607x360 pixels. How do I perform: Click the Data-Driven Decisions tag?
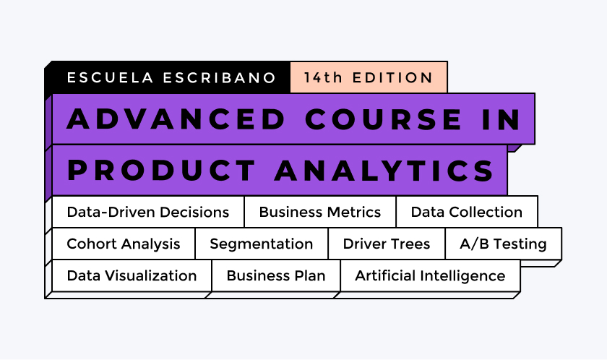[x=147, y=212]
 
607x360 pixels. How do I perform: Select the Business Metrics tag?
[x=319, y=212]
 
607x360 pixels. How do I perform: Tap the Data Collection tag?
[x=466, y=212]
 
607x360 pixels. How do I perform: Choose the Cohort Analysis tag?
[x=123, y=244]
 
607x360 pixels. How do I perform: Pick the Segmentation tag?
[x=261, y=244]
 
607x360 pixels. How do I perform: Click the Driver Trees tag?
[x=386, y=244]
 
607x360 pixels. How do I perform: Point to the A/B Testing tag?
[x=503, y=244]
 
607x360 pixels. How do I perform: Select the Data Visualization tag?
[x=132, y=275]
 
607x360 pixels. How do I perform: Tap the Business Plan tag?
[x=275, y=275]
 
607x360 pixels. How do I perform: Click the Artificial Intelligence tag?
[x=430, y=275]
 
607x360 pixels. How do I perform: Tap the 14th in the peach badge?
[x=323, y=78]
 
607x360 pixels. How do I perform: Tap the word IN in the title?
[x=501, y=119]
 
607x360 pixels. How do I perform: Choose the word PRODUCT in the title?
[x=160, y=171]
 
